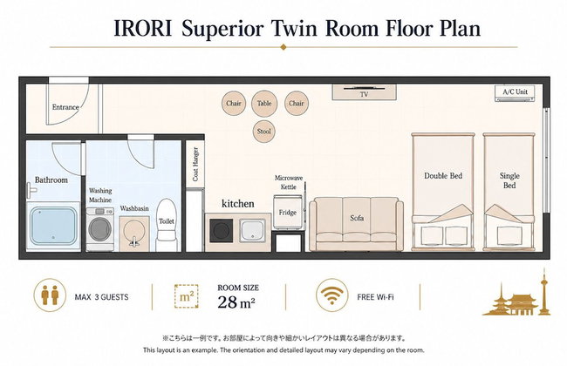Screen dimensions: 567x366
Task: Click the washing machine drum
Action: click(100, 228)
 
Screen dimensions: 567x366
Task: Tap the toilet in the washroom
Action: click(167, 224)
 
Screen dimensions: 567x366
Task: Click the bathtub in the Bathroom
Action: click(53, 226)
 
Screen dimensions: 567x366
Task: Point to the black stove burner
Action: click(222, 230)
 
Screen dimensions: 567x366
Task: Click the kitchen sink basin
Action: click(253, 230)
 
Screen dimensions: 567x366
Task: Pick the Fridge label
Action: click(288, 213)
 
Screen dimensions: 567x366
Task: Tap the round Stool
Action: click(263, 132)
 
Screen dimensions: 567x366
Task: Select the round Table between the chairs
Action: click(264, 104)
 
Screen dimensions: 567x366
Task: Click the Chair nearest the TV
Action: click(297, 104)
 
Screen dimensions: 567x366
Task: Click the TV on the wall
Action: click(364, 91)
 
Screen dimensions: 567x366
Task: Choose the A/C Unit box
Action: click(515, 93)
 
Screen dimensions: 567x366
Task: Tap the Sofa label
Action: click(357, 218)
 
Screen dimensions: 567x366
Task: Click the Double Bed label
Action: click(443, 176)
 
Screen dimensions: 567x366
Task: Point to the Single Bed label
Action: click(509, 180)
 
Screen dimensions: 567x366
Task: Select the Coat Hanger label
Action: click(195, 164)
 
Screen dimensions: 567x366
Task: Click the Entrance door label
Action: click(65, 107)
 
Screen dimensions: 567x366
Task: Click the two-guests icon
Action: click(50, 295)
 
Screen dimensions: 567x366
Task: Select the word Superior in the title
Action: click(222, 29)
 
